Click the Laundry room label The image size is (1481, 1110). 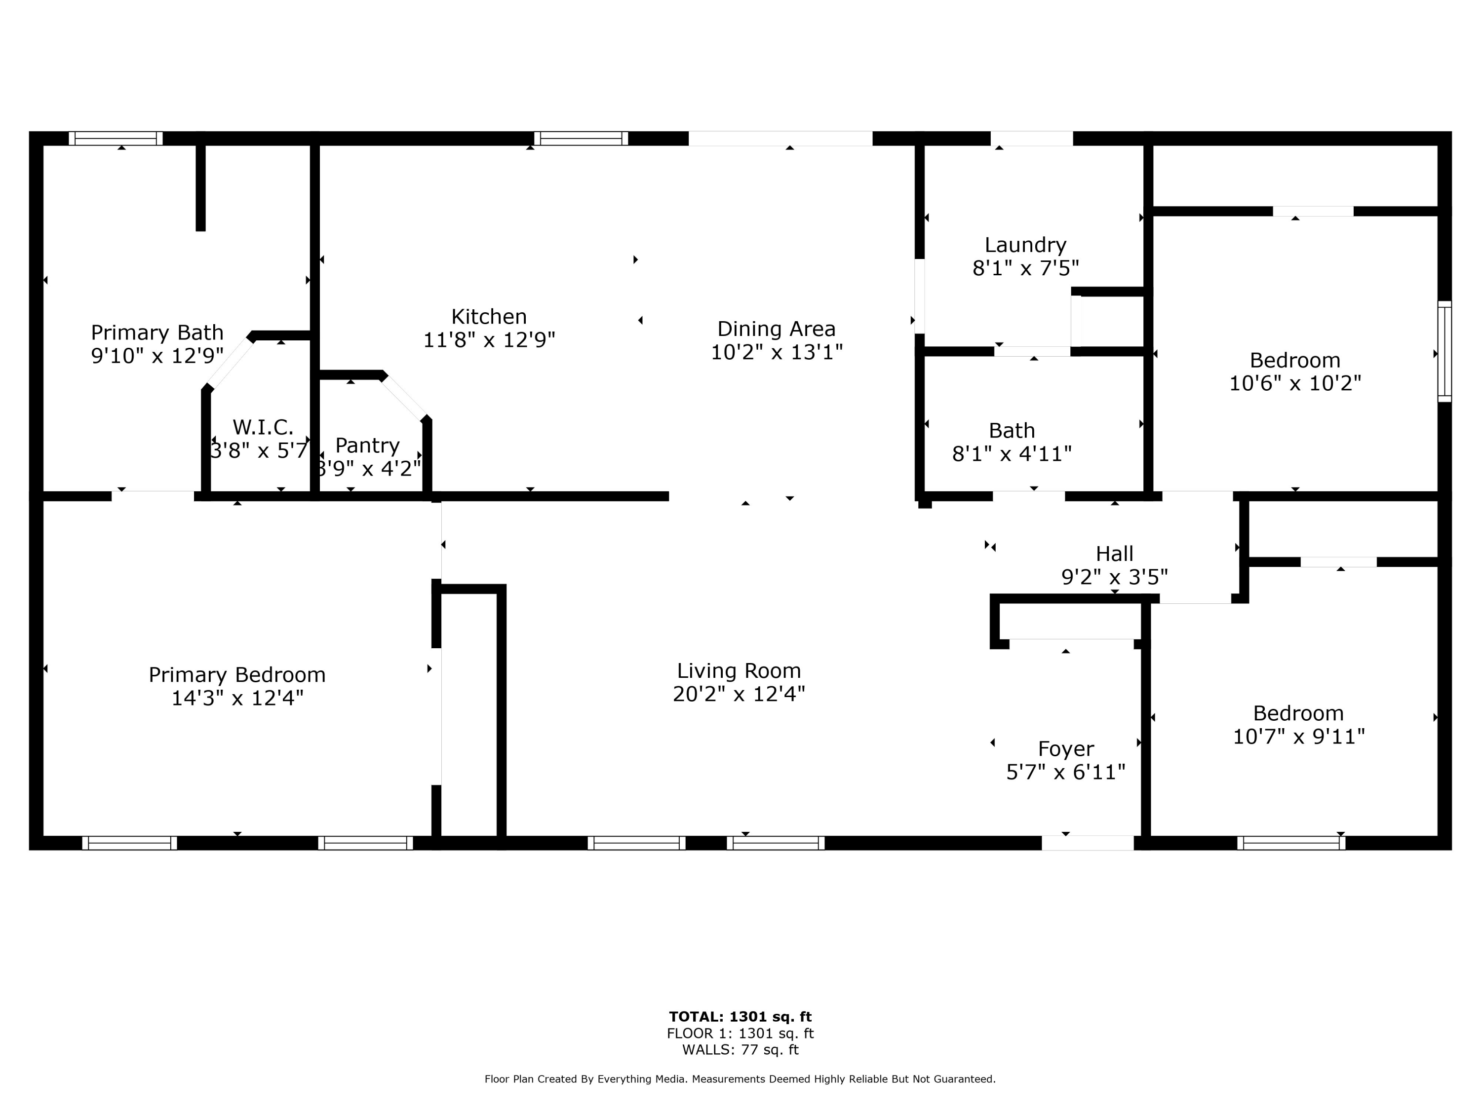click(x=1025, y=245)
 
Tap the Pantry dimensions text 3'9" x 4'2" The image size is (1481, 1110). click(x=368, y=468)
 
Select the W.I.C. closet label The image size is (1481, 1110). click(x=263, y=427)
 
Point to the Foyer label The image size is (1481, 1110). click(x=1066, y=749)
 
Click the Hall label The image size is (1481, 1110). click(x=1114, y=554)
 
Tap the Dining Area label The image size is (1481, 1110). click(x=776, y=329)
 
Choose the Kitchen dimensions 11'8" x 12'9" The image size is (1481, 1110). click(x=489, y=340)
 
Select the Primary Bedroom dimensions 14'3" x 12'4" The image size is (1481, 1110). click(x=237, y=699)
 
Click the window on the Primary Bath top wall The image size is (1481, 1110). click(x=116, y=139)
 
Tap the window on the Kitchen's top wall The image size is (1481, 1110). click(x=581, y=139)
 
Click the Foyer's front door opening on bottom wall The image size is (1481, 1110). click(x=1088, y=843)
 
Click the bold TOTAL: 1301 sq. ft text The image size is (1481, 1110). click(x=740, y=1017)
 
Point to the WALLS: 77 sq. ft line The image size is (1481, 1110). click(x=740, y=1050)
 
